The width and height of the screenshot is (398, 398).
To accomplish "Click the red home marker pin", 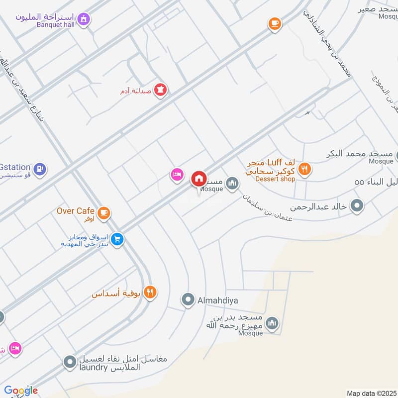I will coord(199,178).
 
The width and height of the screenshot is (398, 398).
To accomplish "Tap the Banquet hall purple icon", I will coord(85,19).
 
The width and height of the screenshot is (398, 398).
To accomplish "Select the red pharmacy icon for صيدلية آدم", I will coord(161,90).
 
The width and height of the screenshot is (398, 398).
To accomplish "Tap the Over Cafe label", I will coord(76,211).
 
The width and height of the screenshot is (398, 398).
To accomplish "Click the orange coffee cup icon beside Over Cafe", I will coord(103,213).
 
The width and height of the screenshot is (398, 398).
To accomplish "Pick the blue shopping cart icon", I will coord(117,240).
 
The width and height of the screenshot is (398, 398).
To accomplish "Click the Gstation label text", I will coord(15,167).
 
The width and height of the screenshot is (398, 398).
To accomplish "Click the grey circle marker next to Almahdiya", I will coord(188,300).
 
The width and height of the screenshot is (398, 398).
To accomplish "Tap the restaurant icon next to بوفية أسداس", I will coord(150,293).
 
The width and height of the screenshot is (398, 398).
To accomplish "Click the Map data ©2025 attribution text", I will coord(371,393).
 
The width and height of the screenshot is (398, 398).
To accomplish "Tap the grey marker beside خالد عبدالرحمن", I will coord(357,205).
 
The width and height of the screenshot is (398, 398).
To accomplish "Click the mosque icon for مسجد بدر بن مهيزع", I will coord(272,324).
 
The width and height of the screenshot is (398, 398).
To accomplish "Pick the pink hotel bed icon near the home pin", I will coord(177,175).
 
